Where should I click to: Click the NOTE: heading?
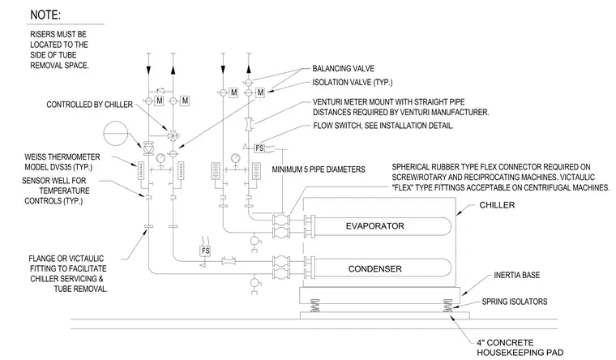click(x=45, y=15)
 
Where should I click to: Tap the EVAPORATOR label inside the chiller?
click(x=374, y=226)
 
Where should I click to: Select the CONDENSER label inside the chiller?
click(x=374, y=269)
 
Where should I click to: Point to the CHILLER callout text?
click(x=497, y=205)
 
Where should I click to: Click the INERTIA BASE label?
click(x=516, y=275)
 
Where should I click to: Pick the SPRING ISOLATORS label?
click(x=514, y=302)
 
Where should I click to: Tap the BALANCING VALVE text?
click(x=343, y=68)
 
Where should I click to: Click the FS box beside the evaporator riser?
click(x=259, y=148)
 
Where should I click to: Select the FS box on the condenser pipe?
click(x=205, y=251)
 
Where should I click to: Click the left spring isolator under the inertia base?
click(x=314, y=306)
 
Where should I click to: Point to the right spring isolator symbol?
click(x=447, y=306)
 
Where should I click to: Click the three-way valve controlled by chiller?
click(x=173, y=136)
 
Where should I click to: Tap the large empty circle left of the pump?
click(x=115, y=133)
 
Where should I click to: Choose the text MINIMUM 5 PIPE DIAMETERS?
click(x=319, y=169)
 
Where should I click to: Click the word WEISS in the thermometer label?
click(x=35, y=156)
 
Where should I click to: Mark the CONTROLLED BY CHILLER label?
click(x=90, y=105)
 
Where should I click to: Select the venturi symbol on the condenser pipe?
click(x=228, y=260)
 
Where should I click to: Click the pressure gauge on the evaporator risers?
click(x=235, y=158)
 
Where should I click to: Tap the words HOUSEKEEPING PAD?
click(x=520, y=353)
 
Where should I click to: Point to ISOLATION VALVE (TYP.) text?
click(x=352, y=82)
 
